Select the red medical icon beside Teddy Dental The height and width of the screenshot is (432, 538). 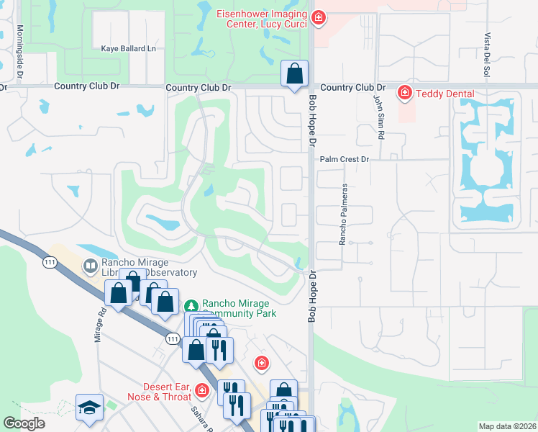pyautogui.click(x=405, y=93)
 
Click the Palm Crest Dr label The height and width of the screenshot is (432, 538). pyautogui.click(x=344, y=159)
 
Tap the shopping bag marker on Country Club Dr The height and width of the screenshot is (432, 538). pyautogui.click(x=294, y=73)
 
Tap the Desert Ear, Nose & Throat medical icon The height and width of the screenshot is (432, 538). pyautogui.click(x=202, y=391)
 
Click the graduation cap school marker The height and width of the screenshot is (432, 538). pyautogui.click(x=90, y=407)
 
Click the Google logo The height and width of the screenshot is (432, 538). pyautogui.click(x=24, y=423)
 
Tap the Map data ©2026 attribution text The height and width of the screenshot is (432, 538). pyautogui.click(x=506, y=426)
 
